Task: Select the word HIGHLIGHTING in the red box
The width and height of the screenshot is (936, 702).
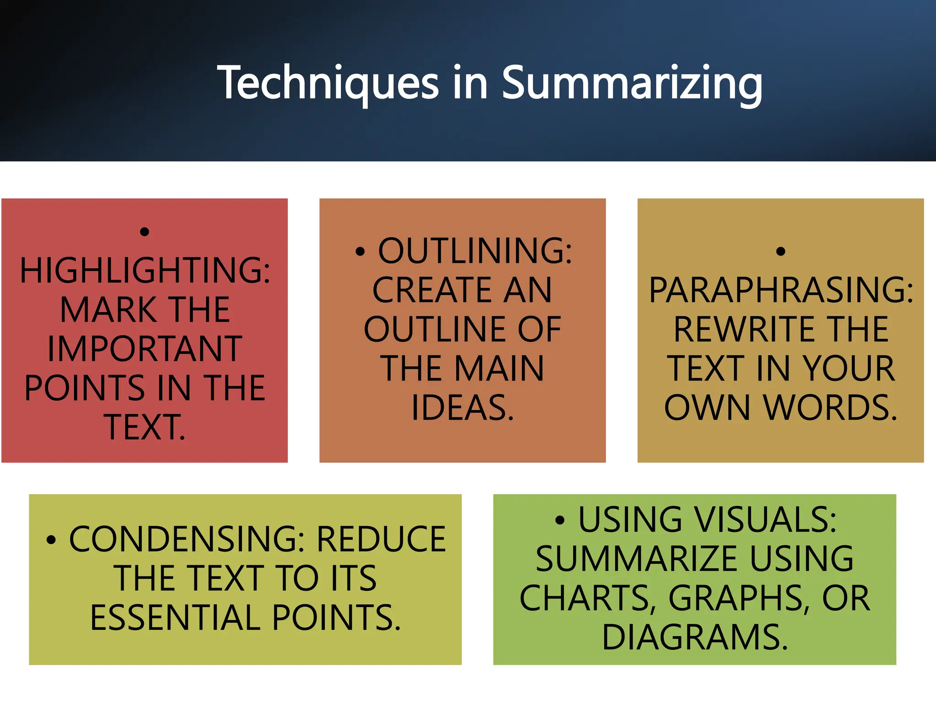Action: coord(145,271)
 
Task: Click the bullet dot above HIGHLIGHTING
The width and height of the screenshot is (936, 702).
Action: coord(144,232)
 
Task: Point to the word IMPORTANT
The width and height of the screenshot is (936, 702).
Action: coord(145,349)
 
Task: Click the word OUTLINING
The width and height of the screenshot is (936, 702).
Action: coord(474,251)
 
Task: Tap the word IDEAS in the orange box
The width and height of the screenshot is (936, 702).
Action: coord(462,408)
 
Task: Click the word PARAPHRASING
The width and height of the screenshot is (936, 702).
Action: coord(781,290)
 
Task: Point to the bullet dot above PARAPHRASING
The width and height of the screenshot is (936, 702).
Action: coord(781,251)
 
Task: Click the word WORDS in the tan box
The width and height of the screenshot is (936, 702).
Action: coord(830,408)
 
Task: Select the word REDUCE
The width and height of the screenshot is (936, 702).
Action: coord(381,539)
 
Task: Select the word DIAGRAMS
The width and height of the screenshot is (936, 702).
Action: coord(695,638)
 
